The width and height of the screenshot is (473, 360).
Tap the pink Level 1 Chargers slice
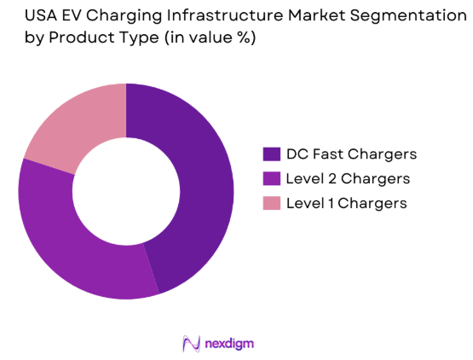click(x=72, y=128)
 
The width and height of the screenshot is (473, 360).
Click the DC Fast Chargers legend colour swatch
click(x=272, y=154)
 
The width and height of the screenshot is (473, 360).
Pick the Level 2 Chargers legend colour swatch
click(x=272, y=179)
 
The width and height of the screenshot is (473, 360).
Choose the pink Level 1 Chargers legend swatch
click(x=272, y=204)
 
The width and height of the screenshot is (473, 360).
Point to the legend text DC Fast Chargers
click(x=351, y=154)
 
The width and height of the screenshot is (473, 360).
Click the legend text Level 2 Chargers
click(x=348, y=179)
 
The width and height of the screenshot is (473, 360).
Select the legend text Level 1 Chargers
click(x=346, y=204)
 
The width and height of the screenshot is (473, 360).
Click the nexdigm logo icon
click(x=191, y=343)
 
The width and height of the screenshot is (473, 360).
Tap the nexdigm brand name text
click(x=229, y=343)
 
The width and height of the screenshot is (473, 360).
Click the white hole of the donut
click(x=126, y=192)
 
